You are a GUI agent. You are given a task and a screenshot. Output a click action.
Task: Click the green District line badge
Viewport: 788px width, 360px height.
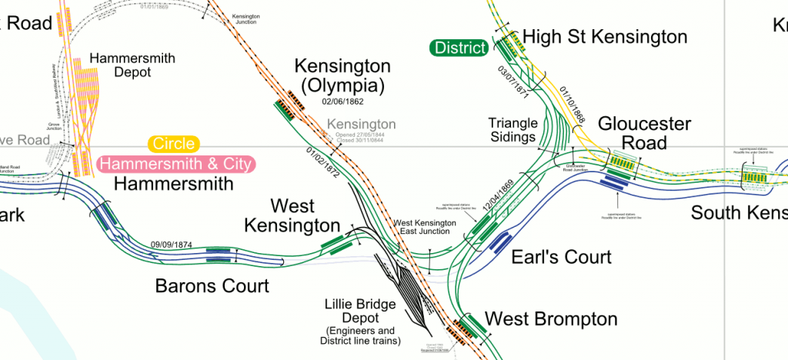459,48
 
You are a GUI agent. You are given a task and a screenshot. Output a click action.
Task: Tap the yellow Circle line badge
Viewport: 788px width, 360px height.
173,144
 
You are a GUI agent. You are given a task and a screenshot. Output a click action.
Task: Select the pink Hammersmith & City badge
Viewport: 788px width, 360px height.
177,164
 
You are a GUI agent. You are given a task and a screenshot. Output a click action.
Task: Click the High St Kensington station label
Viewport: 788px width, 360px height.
604,37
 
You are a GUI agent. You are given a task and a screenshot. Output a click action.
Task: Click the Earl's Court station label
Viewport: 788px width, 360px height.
561,257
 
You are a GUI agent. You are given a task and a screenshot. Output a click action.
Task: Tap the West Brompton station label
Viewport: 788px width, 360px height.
551,318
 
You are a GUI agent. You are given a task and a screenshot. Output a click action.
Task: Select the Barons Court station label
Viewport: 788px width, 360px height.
212,286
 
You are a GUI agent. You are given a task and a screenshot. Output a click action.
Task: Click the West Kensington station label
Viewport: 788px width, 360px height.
292,216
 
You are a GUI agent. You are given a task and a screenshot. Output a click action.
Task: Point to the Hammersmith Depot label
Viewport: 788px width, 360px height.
132,65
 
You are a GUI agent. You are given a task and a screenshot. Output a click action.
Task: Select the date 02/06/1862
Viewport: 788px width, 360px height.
342,102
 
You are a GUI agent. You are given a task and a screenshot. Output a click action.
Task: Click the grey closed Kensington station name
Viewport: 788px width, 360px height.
362,124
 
